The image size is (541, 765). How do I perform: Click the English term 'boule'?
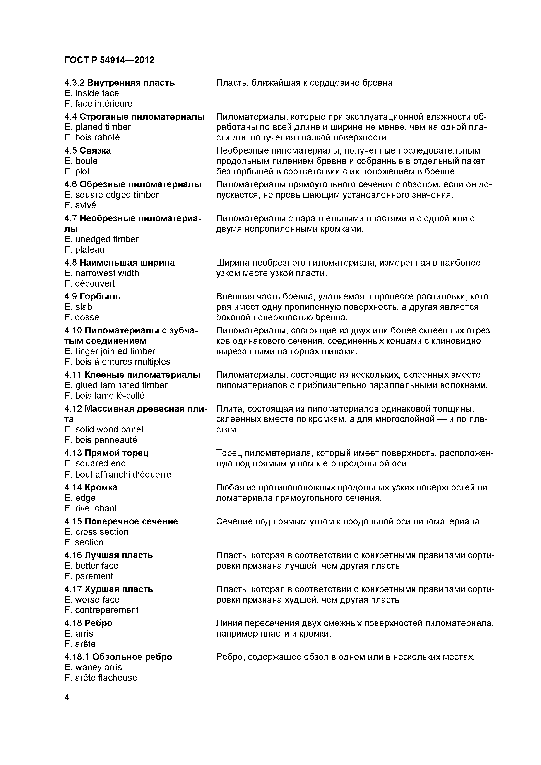pyautogui.click(x=86, y=161)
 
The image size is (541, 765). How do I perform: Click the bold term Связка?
pyautogui.click(x=95, y=151)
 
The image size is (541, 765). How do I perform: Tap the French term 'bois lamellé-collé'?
pyautogui.click(x=110, y=396)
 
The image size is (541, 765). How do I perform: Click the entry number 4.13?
pyautogui.click(x=73, y=453)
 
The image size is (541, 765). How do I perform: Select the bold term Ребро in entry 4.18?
pyautogui.click(x=98, y=623)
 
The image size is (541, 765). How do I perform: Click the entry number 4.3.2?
pyautogui.click(x=74, y=83)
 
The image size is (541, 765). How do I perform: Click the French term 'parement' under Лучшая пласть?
pyautogui.click(x=94, y=576)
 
